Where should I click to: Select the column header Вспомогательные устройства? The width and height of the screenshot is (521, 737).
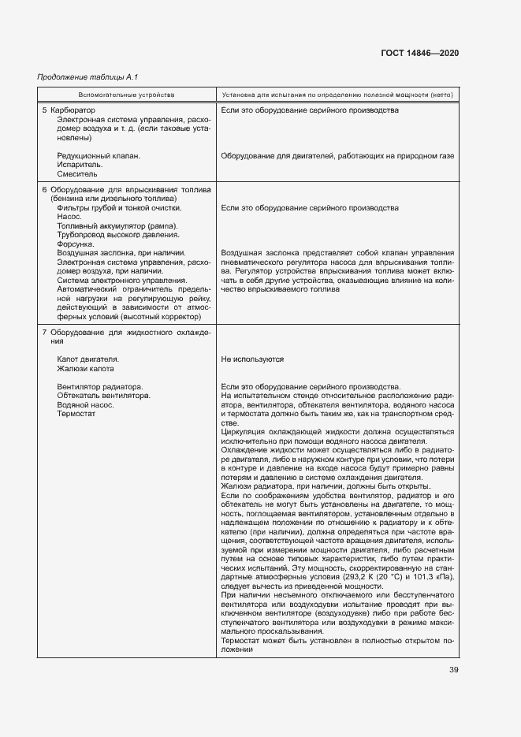pyautogui.click(x=127, y=95)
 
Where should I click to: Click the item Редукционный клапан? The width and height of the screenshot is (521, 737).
pyautogui.click(x=99, y=156)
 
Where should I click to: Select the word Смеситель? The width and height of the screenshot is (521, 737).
pyautogui.click(x=77, y=174)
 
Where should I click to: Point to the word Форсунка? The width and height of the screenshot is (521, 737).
pyautogui.click(x=77, y=244)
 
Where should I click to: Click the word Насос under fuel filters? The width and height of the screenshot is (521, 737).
pyautogui.click(x=69, y=217)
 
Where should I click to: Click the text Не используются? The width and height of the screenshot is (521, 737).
pyautogui.click(x=252, y=359)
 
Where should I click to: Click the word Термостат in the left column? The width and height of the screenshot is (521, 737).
pyautogui.click(x=76, y=414)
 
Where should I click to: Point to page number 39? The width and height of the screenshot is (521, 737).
pyautogui.click(x=453, y=670)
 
